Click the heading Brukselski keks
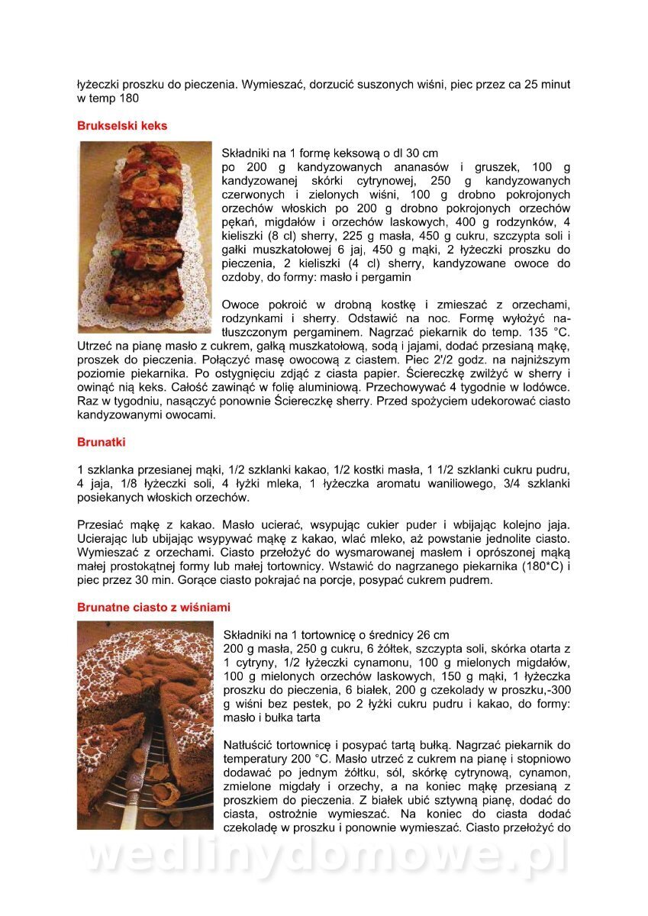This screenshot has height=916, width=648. (122, 125)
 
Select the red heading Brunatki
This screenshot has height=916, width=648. (102, 442)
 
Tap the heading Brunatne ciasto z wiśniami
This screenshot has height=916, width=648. (153, 608)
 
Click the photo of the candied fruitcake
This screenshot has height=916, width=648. (145, 237)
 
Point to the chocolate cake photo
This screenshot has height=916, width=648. (145, 724)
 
